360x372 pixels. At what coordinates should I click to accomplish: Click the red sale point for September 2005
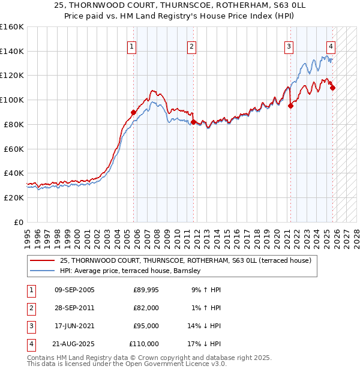pyautogui.click(x=134, y=112)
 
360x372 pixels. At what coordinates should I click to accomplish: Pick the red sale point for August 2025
pyautogui.click(x=333, y=88)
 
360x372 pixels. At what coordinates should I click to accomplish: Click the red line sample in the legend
pyautogui.click(x=43, y=261)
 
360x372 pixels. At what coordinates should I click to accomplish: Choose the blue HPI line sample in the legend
pyautogui.click(x=43, y=271)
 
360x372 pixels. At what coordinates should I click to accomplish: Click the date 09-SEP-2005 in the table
pyautogui.click(x=74, y=290)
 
